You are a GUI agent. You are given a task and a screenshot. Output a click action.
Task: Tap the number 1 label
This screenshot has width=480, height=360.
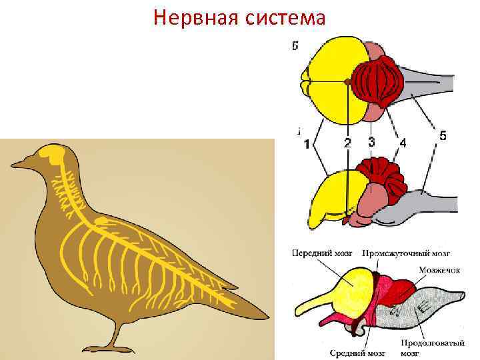click(306, 144)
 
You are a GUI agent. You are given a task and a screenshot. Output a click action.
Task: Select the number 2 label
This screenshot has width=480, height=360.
click(347, 143)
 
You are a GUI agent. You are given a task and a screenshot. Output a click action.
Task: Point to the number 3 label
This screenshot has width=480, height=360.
click(371, 141)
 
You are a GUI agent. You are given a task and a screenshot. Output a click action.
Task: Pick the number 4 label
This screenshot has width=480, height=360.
click(402, 142)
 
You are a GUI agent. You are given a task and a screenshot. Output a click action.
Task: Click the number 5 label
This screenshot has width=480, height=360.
click(443, 135)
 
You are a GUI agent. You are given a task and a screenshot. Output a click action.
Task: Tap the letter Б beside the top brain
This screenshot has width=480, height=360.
click(295, 45)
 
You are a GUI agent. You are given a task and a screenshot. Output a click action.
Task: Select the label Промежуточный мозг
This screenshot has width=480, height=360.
click(407, 253)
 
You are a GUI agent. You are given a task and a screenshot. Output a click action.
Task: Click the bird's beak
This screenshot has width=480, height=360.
click(19, 163)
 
